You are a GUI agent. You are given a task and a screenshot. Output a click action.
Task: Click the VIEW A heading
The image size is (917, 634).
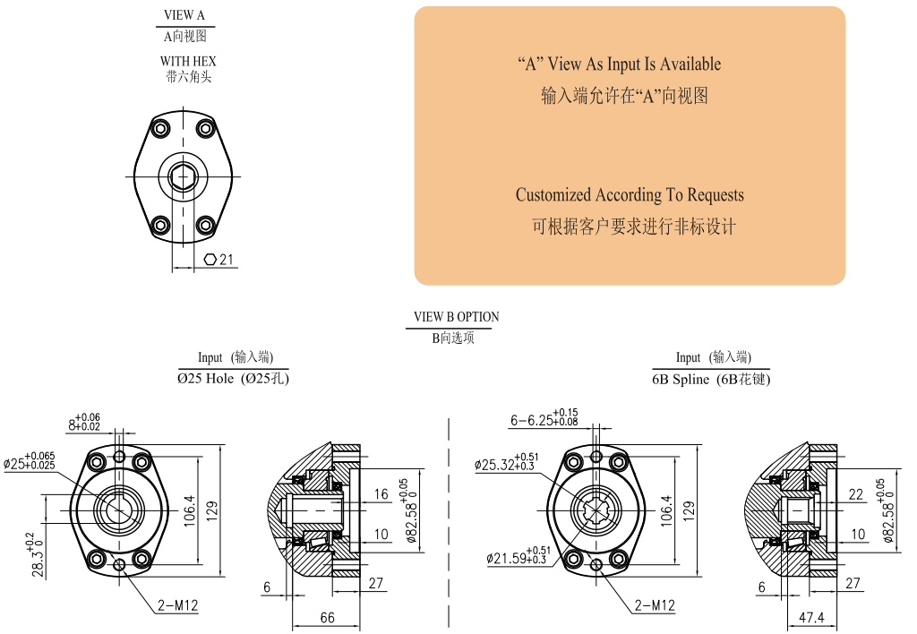(x=184, y=15)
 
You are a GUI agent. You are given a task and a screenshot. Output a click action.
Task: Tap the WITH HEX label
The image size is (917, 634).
(x=188, y=61)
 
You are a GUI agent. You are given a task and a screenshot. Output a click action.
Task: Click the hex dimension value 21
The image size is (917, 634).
(x=227, y=260)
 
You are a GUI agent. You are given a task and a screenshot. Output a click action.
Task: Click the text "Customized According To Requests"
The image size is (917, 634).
(x=630, y=195)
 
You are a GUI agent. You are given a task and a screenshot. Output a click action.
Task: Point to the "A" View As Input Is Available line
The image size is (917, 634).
(x=619, y=64)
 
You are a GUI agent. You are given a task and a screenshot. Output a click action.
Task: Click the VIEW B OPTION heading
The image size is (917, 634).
(x=456, y=317)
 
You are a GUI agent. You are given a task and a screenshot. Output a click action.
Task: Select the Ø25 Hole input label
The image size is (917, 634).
(x=233, y=379)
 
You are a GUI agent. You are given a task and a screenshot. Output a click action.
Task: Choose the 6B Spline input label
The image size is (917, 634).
(x=711, y=379)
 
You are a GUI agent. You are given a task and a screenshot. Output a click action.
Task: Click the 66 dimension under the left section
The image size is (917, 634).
(x=328, y=618)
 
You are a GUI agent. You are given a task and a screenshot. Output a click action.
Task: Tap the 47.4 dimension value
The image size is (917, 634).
(x=811, y=618)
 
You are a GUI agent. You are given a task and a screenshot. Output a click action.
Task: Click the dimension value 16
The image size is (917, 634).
(x=381, y=494)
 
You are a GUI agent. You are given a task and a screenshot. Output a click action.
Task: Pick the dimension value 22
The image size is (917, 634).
(x=856, y=494)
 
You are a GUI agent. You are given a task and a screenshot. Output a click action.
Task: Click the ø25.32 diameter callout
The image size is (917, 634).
(x=507, y=465)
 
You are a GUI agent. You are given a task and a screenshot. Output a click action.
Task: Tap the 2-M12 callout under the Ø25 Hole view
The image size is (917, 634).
(x=177, y=606)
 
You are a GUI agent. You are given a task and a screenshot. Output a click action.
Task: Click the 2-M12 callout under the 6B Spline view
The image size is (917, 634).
(x=655, y=606)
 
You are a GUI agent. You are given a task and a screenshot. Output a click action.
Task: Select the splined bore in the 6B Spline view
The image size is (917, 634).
(x=598, y=510)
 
